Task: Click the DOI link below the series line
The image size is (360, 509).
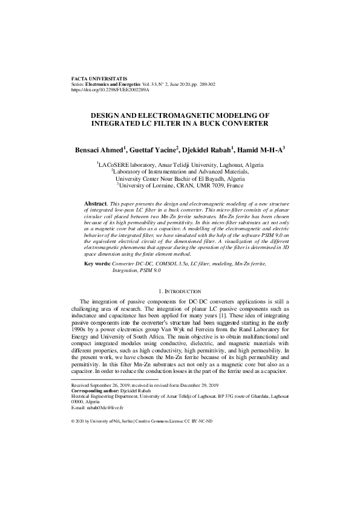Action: [110, 90]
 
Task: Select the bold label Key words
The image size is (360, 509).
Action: [97, 282]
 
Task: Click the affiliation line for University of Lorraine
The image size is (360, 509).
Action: [180, 186]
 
